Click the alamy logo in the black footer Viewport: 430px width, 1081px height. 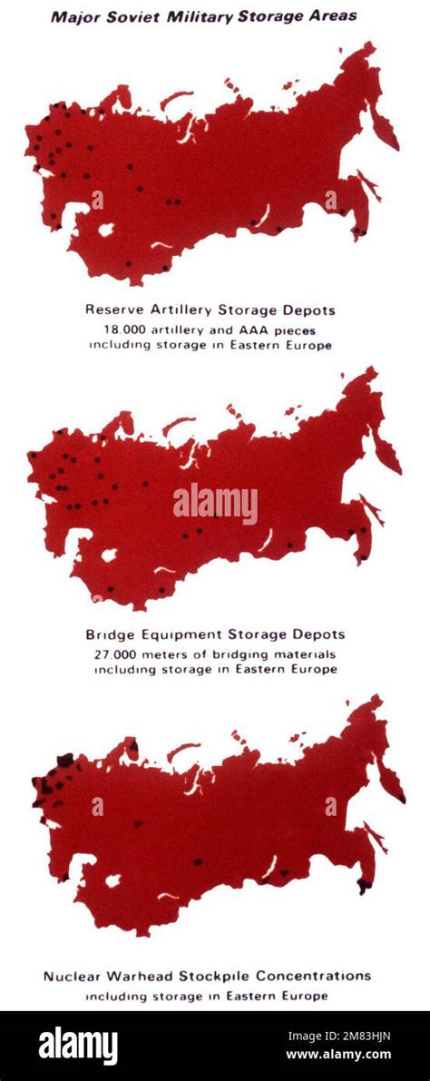point(78,1046)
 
